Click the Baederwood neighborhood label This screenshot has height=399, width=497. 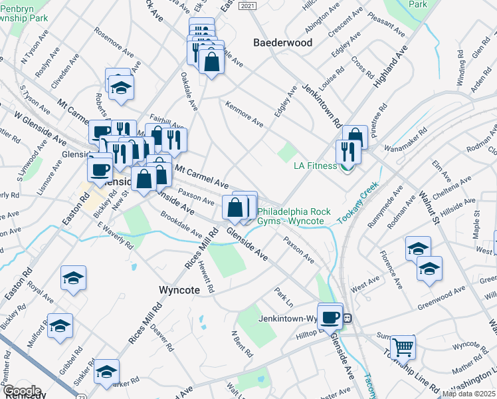(x=283, y=43)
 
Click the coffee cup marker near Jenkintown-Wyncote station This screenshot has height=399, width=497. (x=330, y=315)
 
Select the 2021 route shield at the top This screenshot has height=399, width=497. (x=246, y=5)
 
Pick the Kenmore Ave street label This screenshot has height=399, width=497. (x=245, y=114)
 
